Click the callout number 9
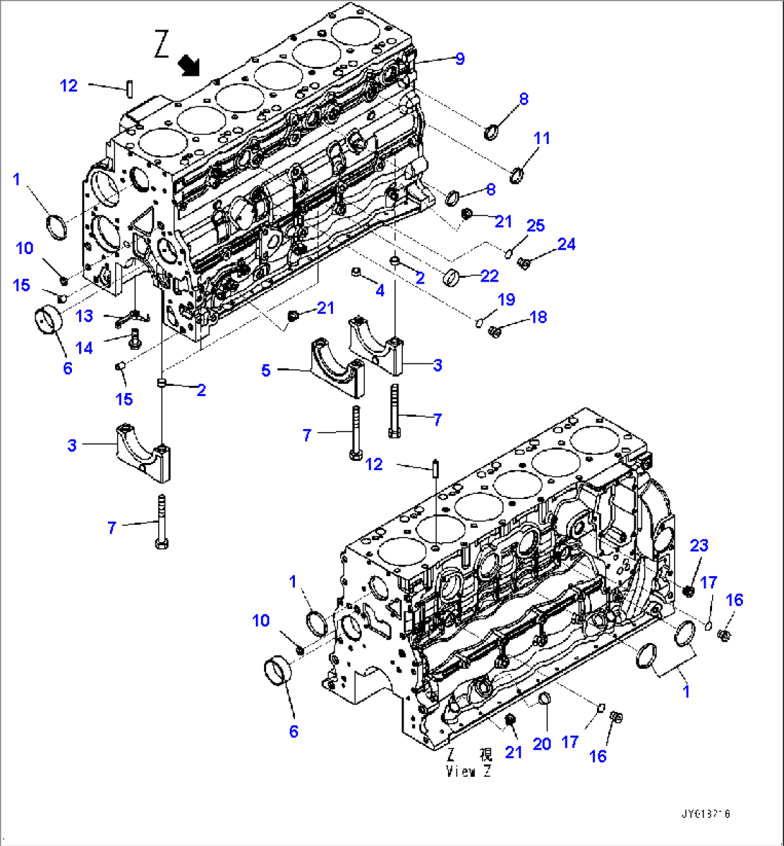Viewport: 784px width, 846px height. coord(459,60)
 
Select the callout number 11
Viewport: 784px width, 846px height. coord(542,138)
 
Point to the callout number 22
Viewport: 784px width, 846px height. coord(490,276)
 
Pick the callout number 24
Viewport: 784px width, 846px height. coord(567,244)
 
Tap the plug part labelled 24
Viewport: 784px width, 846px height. coord(524,264)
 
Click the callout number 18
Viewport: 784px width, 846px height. coord(538,316)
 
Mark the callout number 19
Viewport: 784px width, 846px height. coord(506,298)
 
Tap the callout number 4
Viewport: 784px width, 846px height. coord(380,290)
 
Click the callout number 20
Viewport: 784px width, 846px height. coord(542,744)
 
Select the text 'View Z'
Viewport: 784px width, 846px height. coord(468,771)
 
